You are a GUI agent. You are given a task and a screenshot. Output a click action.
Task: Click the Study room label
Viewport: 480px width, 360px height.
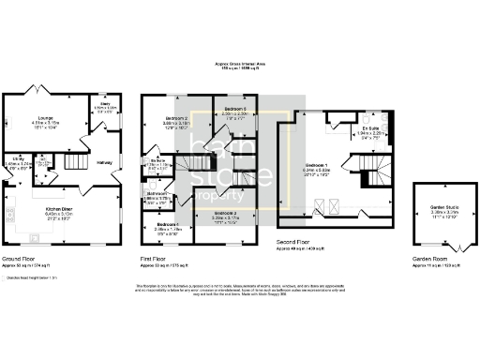coord(104,105)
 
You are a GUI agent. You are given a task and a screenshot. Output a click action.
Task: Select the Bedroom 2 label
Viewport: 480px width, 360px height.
coord(165,119)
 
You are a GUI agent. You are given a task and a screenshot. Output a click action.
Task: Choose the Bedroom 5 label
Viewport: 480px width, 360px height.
coord(234,110)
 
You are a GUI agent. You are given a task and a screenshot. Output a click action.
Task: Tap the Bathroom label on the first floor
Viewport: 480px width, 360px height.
coord(157,193)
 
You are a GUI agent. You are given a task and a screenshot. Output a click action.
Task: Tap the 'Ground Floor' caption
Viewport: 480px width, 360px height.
coord(20,257)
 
